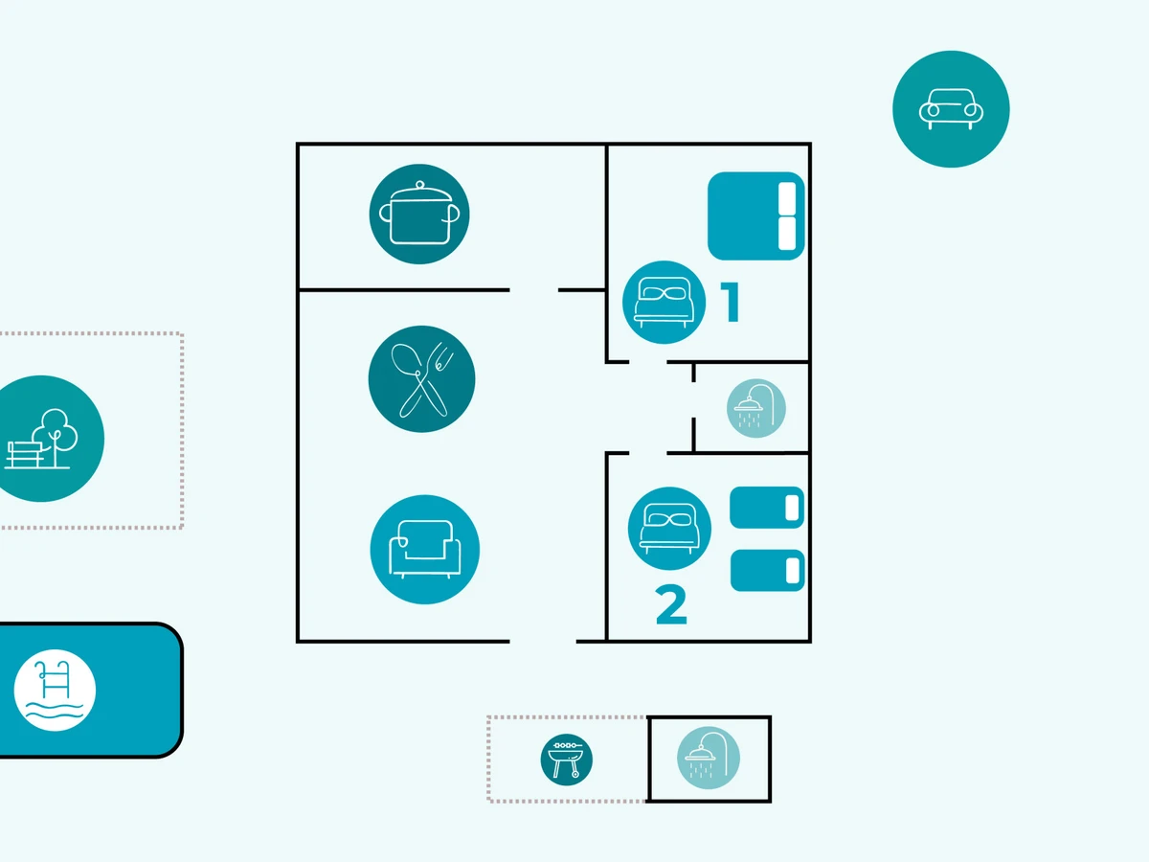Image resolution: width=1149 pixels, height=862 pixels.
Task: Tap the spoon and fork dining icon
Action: pyautogui.click(x=421, y=378)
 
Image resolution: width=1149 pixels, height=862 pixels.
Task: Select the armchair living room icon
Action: pyautogui.click(x=424, y=550)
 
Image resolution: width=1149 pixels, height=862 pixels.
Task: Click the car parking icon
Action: pyautogui.click(x=951, y=108)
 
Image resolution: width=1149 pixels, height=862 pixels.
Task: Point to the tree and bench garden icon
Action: pyautogui.click(x=43, y=439)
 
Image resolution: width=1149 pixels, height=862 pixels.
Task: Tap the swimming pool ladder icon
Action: pyautogui.click(x=55, y=690)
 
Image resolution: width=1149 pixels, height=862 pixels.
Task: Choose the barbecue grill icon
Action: pyautogui.click(x=566, y=760)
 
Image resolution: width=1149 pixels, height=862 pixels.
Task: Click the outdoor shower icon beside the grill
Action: pyautogui.click(x=709, y=759)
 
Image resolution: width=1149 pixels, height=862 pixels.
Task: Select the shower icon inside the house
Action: pyautogui.click(x=756, y=409)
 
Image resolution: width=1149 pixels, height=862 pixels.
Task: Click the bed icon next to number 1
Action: pyautogui.click(x=664, y=302)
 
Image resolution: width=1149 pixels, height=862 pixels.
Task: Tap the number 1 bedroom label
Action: pyautogui.click(x=732, y=302)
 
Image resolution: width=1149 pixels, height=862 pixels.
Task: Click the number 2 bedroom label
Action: pyautogui.click(x=671, y=605)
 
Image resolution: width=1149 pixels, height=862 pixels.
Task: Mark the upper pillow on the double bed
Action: pyautogui.click(x=788, y=198)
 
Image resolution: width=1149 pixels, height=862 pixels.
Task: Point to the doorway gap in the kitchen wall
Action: pyautogui.click(x=533, y=289)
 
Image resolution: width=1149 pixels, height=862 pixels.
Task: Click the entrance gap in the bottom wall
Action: pyautogui.click(x=542, y=641)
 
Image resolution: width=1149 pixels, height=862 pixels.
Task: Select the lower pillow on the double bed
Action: pyautogui.click(x=788, y=234)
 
